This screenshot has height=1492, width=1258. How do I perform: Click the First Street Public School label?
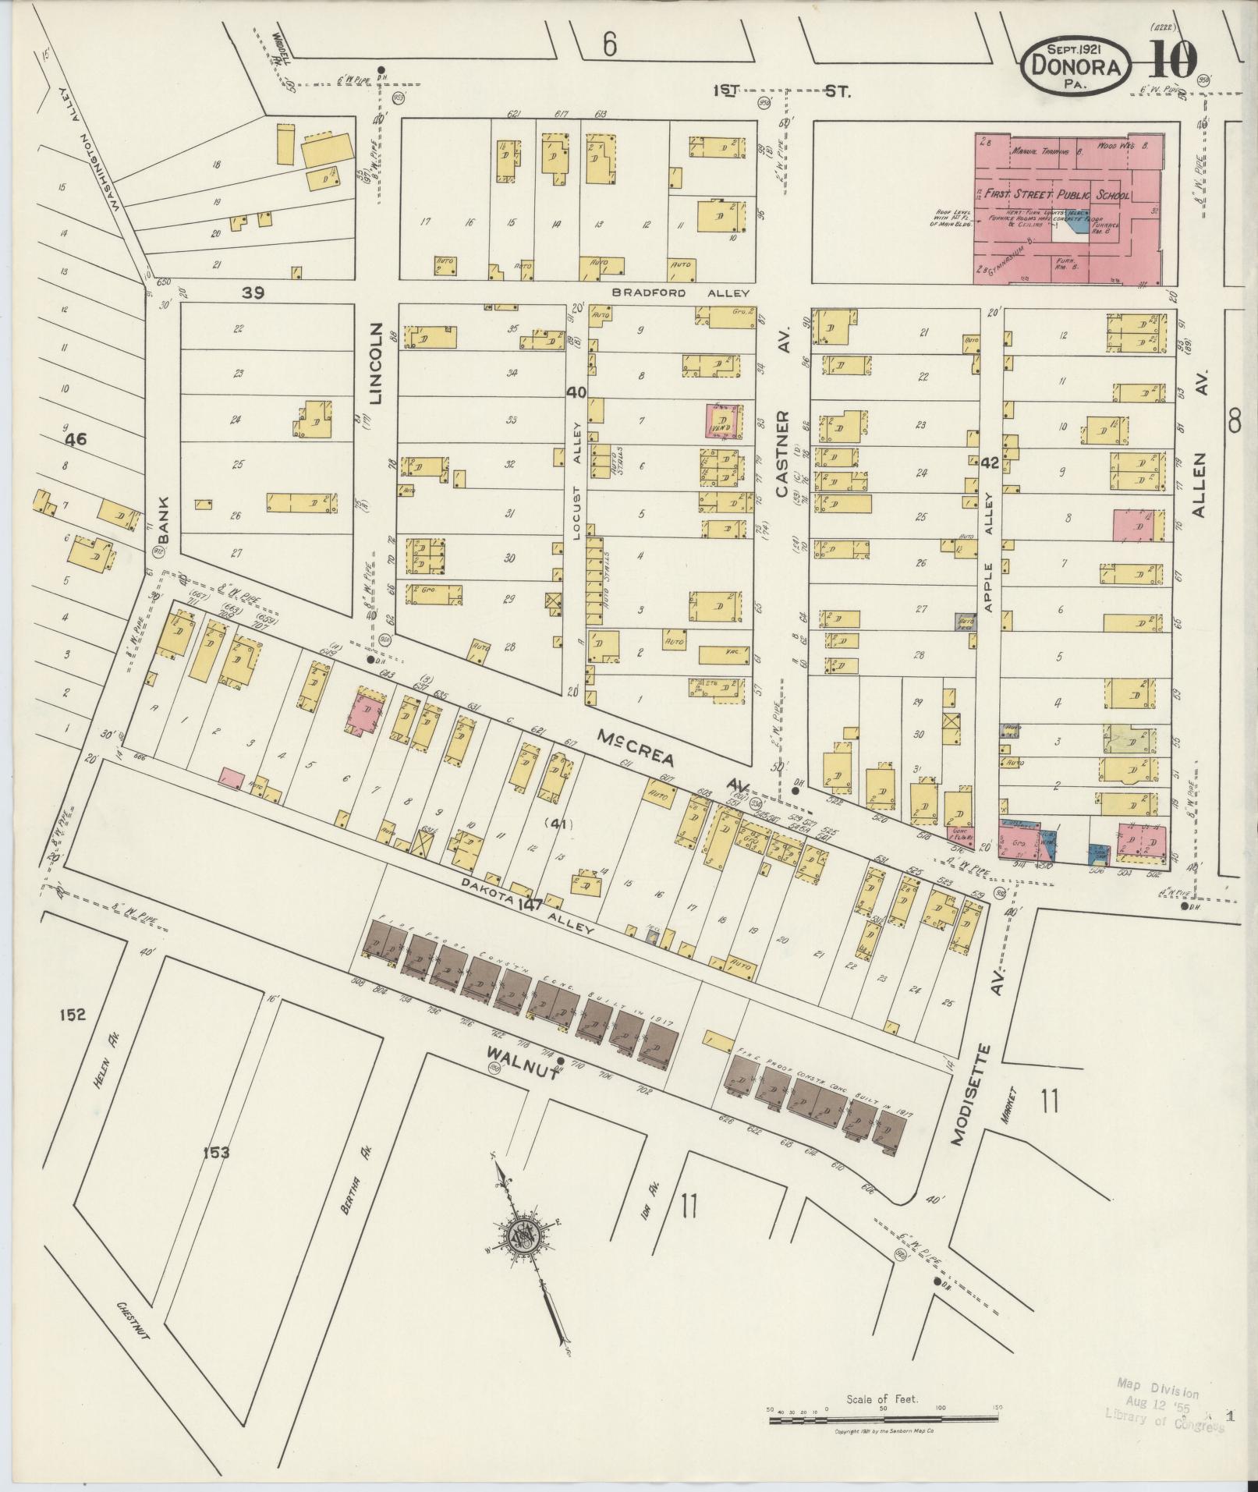pyautogui.click(x=1052, y=194)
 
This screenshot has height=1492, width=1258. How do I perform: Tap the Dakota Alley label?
pyautogui.click(x=528, y=907)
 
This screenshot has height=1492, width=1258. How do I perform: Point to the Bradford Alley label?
pyautogui.click(x=680, y=293)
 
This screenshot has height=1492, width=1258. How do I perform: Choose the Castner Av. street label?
pyautogui.click(x=783, y=454)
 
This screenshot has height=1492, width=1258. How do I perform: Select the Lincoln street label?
pyautogui.click(x=377, y=363)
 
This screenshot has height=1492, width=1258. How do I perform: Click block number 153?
pyautogui.click(x=215, y=1151)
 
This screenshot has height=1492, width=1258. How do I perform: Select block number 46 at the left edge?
pyautogui.click(x=76, y=440)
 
